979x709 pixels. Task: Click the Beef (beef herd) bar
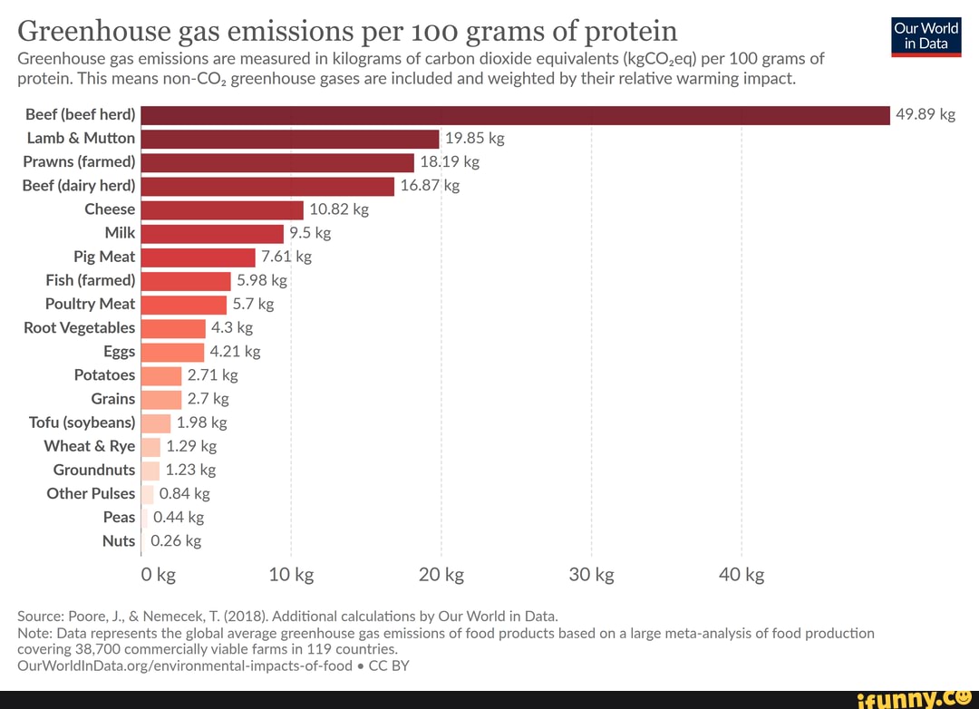[x=515, y=115]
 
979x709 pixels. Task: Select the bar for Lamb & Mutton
[x=290, y=139]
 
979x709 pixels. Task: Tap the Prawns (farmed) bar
[x=277, y=162]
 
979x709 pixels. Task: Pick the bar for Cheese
[x=222, y=209]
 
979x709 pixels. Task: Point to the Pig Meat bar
[x=199, y=257]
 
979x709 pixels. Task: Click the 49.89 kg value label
[x=926, y=114]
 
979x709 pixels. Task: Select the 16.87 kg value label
[x=430, y=186]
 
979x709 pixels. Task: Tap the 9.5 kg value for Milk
[x=310, y=233]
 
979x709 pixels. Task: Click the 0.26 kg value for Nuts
[x=176, y=541]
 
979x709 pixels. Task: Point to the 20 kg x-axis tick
[x=441, y=575]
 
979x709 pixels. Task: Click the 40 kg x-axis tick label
[x=742, y=575]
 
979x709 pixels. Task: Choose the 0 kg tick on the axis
[x=159, y=575]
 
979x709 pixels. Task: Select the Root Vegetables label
[x=79, y=327]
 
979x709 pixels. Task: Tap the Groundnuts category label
[x=93, y=470]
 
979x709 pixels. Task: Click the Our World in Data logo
[x=926, y=36]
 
